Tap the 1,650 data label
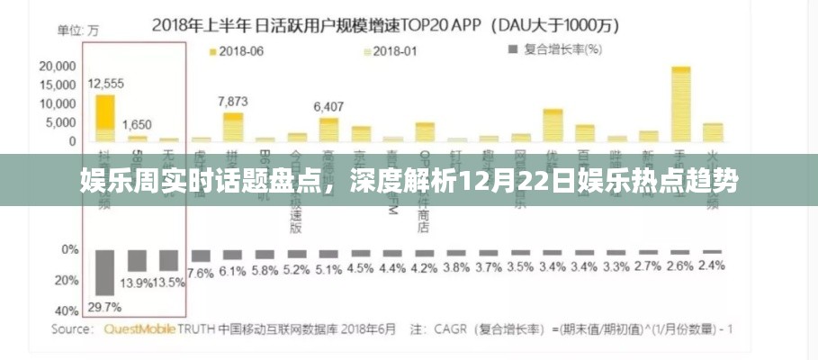[137, 124]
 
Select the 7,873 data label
[232, 101]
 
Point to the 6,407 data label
[328, 106]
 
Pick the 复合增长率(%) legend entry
[552, 51]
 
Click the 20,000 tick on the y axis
[58, 66]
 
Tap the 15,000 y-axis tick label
[58, 85]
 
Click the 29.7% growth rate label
[104, 307]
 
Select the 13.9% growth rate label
[137, 283]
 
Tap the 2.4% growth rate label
[711, 265]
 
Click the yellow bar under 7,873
[232, 126]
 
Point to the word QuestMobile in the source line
[141, 329]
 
